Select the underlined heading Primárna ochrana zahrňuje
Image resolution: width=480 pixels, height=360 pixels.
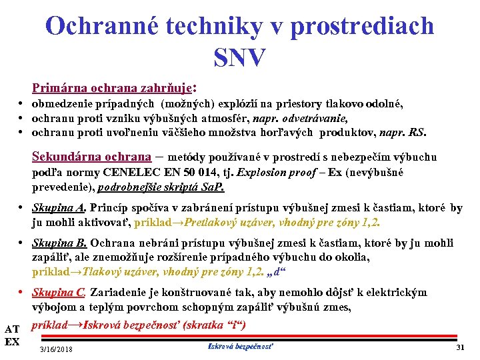[111, 87]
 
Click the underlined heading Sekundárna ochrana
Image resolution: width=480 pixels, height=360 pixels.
[91, 157]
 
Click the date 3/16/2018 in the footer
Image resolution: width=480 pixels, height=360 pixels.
[57, 349]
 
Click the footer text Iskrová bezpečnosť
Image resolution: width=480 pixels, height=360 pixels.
[241, 346]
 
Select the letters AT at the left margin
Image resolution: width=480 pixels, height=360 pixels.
[11, 329]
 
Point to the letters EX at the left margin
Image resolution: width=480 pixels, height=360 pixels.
[11, 342]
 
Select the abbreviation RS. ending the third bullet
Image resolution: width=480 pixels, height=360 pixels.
[417, 132]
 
